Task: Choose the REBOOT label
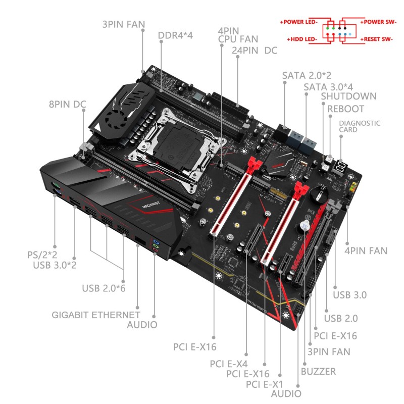[345, 109]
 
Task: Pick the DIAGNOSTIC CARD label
[360, 126]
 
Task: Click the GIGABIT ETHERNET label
[96, 315]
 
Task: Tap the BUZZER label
[318, 372]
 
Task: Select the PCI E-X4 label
[230, 363]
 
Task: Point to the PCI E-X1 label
[266, 384]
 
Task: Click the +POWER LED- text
[297, 22]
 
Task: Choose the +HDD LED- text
[302, 38]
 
